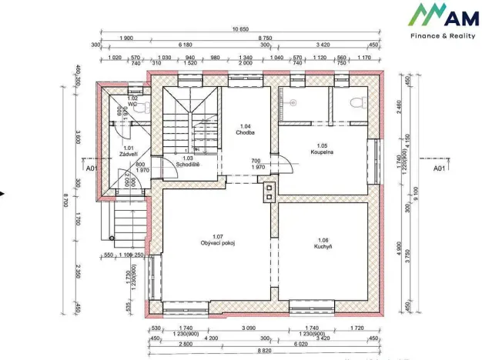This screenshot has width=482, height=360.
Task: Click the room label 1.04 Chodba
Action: coord(246,129)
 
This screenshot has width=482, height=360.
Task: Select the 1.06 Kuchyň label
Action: coord(322,243)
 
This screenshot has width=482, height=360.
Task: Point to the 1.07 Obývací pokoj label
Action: coord(217,240)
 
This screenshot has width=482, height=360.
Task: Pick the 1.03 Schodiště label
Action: coord(189,161)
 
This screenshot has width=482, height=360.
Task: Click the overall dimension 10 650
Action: coord(240,29)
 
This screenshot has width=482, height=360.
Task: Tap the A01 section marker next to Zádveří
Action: coord(91,167)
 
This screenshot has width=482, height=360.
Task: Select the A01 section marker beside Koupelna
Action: coord(439,167)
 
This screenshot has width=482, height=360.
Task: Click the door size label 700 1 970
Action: coord(256,164)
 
